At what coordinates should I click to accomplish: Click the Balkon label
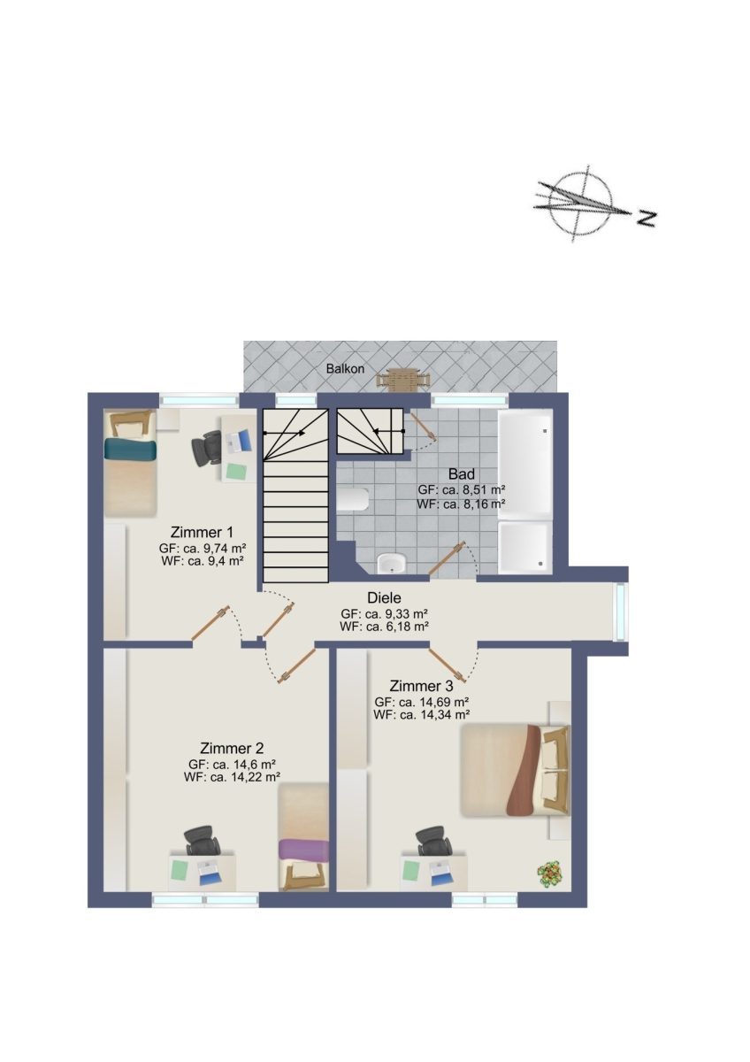[345, 368]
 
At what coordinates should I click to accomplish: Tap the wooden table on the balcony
[404, 381]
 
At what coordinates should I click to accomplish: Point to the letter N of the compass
[646, 218]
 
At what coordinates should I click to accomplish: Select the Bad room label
[461, 473]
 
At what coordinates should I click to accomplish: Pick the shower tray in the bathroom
[525, 547]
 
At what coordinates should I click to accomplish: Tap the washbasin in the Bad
[392, 564]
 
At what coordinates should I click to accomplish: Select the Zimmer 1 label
[202, 532]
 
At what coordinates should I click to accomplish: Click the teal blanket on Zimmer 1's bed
[130, 450]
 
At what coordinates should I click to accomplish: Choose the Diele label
[384, 597]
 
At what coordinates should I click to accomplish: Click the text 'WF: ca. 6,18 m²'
[384, 627]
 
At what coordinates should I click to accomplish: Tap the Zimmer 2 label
[232, 748]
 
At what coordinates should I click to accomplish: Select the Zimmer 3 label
[421, 686]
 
